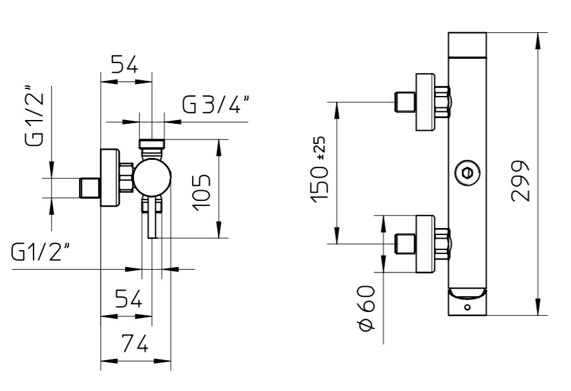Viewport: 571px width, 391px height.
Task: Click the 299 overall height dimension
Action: click(x=520, y=180)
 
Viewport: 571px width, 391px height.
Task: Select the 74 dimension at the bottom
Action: click(x=135, y=343)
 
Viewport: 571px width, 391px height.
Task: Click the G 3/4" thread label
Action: click(x=217, y=104)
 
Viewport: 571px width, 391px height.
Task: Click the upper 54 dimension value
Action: click(x=124, y=64)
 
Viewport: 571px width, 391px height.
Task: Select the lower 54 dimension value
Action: click(x=128, y=298)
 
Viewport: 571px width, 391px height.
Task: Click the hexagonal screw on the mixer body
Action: click(x=467, y=173)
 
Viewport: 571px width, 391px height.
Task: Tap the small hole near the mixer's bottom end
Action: click(x=467, y=307)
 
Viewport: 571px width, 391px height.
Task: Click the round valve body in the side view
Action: click(x=152, y=178)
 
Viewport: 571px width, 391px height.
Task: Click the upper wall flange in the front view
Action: click(x=425, y=102)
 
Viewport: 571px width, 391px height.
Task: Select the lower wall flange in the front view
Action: click(x=425, y=244)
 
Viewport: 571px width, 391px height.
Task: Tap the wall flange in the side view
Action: click(x=110, y=177)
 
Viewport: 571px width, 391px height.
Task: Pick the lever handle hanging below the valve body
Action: click(x=152, y=218)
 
